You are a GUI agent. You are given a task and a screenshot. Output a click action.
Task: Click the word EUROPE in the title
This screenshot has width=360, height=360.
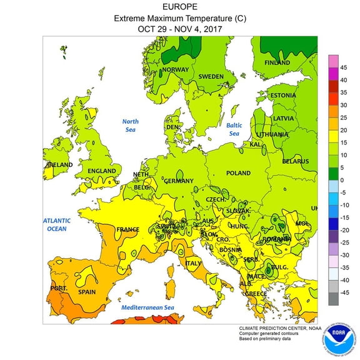point(180,7)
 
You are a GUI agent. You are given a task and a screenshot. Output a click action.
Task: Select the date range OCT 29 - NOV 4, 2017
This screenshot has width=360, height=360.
point(180,29)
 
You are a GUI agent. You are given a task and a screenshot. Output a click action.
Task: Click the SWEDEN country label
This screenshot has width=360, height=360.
point(211,76)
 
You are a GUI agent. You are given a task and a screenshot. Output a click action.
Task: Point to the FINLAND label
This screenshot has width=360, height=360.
point(277,62)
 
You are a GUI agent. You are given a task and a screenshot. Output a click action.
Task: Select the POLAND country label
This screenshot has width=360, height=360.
point(238,173)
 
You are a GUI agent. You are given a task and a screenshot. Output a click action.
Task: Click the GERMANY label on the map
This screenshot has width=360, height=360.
point(179,181)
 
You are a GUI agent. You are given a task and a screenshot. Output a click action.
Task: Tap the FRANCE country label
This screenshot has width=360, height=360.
point(127,229)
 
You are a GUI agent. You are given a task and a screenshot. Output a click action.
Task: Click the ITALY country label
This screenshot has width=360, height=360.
point(194,263)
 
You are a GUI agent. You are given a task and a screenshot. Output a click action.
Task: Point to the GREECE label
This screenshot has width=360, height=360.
point(256,293)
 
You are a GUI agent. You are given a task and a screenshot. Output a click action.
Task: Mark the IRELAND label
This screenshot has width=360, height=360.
point(58,165)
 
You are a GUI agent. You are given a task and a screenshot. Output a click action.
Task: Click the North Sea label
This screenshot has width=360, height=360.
point(130,126)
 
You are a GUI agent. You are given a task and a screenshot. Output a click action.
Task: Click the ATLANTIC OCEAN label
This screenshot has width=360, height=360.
point(56,224)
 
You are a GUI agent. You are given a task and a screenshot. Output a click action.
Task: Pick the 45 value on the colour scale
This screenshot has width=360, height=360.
point(344,67)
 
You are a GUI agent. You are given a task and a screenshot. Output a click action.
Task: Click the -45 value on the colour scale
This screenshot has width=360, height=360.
point(344,292)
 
